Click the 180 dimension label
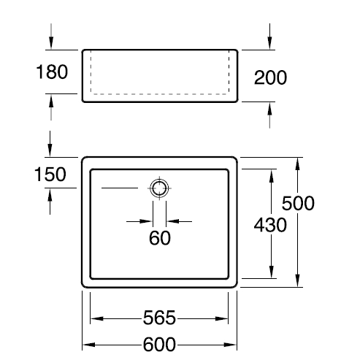(52, 72)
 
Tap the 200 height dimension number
(270, 77)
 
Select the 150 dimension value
(50, 175)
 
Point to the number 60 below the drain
(160, 238)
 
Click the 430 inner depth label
(270, 225)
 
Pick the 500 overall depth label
(298, 203)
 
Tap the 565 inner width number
(159, 318)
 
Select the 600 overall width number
(159, 344)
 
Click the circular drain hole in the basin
(159, 188)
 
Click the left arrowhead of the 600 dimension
(89, 345)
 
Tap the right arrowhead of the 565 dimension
(221, 318)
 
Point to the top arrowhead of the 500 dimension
(297, 164)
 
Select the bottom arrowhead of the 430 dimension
(272, 272)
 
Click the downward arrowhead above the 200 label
(269, 43)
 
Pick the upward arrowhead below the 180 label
(51, 101)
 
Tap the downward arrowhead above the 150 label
(50, 150)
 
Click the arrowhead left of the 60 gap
(146, 221)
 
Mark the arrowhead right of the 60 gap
(173, 221)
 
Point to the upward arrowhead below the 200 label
(269, 109)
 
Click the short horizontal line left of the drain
(120, 188)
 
